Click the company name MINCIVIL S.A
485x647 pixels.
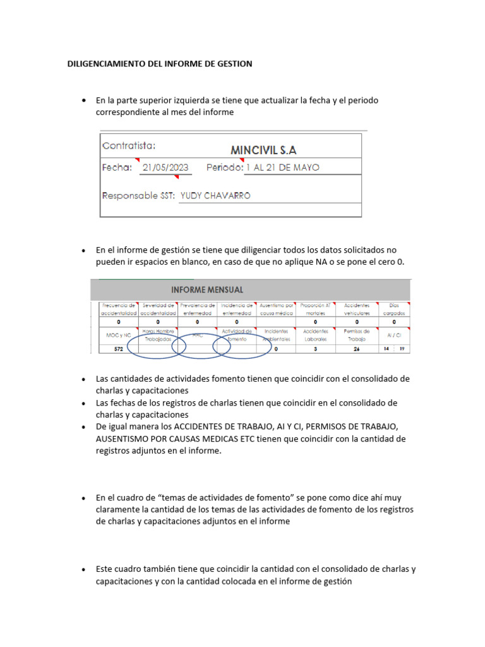(x=263, y=150)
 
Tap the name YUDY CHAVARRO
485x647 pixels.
(x=215, y=196)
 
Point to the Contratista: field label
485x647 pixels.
(x=129, y=146)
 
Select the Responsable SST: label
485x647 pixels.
(x=138, y=196)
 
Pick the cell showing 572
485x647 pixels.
(x=118, y=349)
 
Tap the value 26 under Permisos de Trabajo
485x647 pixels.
(x=356, y=349)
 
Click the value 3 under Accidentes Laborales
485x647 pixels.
(x=315, y=349)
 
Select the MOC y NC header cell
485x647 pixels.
(x=118, y=335)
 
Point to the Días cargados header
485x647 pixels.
(x=394, y=309)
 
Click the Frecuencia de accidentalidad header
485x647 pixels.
(x=118, y=309)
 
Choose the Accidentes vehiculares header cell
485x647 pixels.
(x=356, y=309)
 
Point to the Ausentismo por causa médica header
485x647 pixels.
(x=277, y=309)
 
